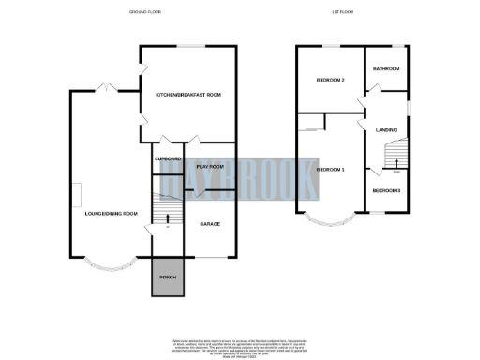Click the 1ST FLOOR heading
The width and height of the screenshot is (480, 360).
(342, 11)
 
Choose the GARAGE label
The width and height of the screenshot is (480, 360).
(210, 225)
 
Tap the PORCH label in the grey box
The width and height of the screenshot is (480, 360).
(169, 278)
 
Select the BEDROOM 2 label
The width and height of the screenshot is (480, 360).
(330, 80)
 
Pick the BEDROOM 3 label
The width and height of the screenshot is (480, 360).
(386, 191)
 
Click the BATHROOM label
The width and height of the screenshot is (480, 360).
(386, 68)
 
